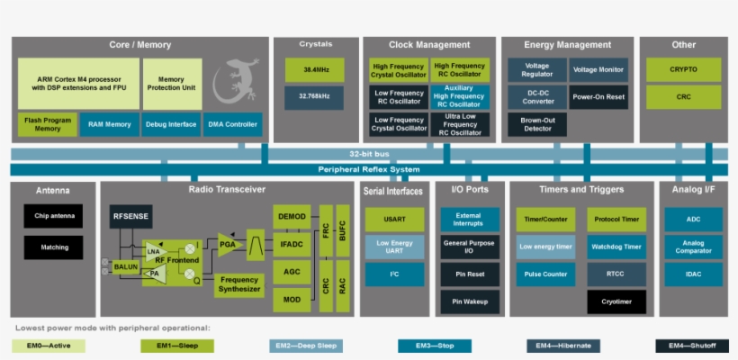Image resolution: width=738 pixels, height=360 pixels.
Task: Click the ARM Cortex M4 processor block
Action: pyautogui.click(x=78, y=83)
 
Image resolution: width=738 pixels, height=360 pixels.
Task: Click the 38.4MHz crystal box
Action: pyautogui.click(x=314, y=70)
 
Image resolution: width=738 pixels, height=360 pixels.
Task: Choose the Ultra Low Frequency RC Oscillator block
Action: pyautogui.click(x=459, y=124)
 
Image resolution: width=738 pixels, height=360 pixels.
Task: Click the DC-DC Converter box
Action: pyautogui.click(x=536, y=96)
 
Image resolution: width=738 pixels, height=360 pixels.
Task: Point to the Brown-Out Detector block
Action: pyautogui.click(x=536, y=124)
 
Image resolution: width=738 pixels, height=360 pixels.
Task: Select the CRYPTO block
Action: pyautogui.click(x=683, y=70)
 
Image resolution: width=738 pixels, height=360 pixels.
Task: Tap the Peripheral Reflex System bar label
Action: pyautogui.click(x=369, y=169)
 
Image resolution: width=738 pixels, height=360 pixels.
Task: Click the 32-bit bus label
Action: pyautogui.click(x=369, y=154)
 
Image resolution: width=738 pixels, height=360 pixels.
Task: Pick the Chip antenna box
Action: pyautogui.click(x=53, y=216)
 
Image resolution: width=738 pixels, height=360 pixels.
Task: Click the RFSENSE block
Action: pyautogui.click(x=131, y=217)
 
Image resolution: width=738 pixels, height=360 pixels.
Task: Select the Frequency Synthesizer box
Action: pyautogui.click(x=239, y=284)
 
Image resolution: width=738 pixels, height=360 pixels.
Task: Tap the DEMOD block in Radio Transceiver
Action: pyautogui.click(x=292, y=217)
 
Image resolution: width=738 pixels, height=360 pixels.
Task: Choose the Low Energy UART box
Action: pyautogui.click(x=394, y=247)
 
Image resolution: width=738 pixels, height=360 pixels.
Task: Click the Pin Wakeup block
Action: pyautogui.click(x=469, y=301)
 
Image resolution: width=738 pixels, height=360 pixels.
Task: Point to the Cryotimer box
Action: pyautogui.click(x=616, y=301)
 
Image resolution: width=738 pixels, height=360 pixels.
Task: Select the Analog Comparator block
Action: pyautogui.click(x=692, y=247)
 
